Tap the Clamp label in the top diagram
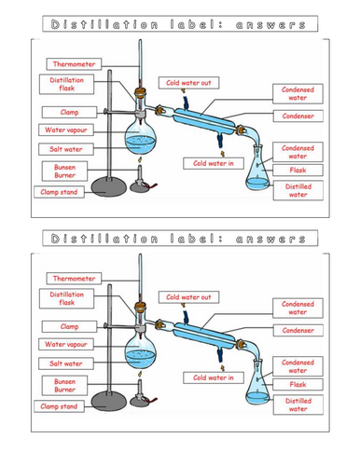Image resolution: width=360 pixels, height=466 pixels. tap(55, 112)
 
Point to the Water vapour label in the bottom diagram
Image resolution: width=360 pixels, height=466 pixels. tap(62, 344)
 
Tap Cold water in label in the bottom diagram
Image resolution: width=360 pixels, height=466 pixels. tap(213, 377)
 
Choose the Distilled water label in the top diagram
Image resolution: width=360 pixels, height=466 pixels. tap(298, 191)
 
